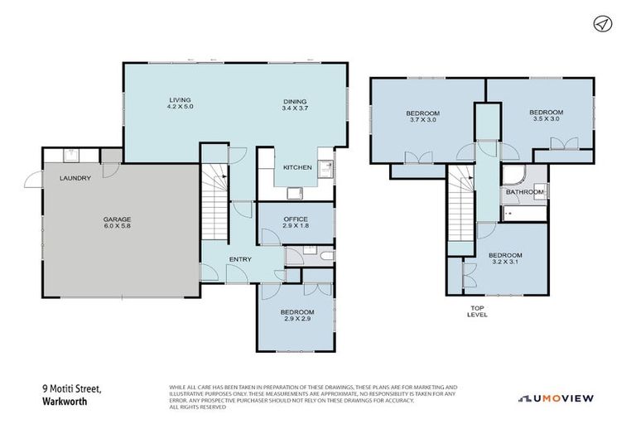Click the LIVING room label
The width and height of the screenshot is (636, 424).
point(173,99)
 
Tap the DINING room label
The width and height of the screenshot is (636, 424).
point(295,99)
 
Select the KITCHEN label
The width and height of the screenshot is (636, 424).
point(297,167)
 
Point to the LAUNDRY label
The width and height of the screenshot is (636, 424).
point(74,178)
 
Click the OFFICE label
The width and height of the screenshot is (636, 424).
point(296,219)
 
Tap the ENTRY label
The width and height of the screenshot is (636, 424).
point(240,259)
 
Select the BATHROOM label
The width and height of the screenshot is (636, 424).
point(524,192)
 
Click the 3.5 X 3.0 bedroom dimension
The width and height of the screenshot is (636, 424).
point(546,119)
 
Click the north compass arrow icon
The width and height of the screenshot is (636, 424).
point(602,24)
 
